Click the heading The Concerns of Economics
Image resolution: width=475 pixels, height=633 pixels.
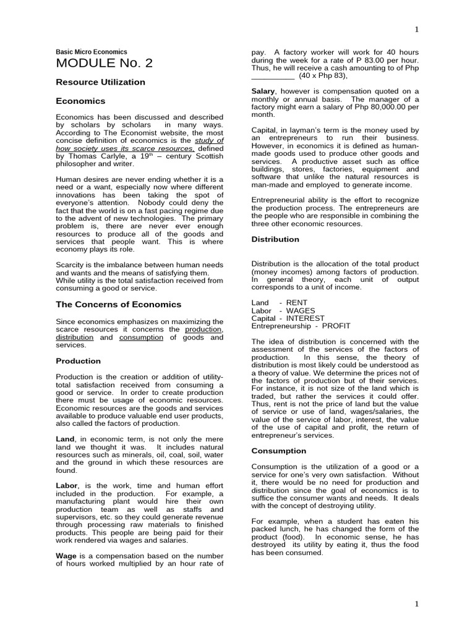(x=119, y=304)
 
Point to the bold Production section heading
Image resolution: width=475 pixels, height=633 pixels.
(x=78, y=361)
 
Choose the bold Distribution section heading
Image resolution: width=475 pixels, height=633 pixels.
(x=275, y=239)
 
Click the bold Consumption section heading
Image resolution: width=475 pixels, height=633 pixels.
(x=279, y=451)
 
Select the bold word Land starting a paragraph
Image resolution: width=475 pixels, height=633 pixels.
(x=66, y=438)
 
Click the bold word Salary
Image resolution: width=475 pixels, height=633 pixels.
(x=263, y=91)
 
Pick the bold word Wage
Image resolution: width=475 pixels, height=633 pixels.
(x=67, y=555)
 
